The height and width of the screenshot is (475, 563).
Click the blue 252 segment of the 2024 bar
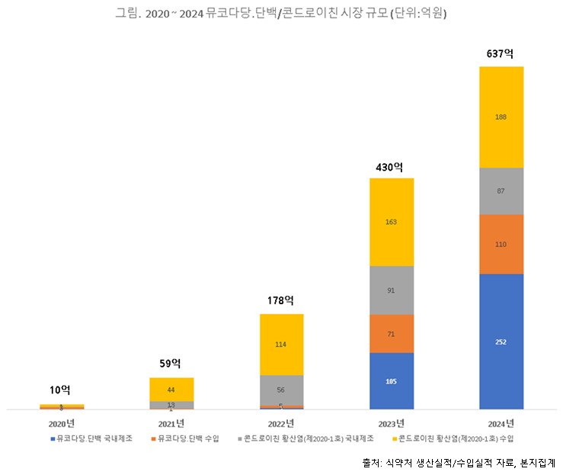click(501, 342)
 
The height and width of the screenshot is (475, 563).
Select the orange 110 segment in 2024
click(501, 244)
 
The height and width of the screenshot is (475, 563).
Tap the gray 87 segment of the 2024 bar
click(501, 191)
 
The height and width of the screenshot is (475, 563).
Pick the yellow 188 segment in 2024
click(501, 117)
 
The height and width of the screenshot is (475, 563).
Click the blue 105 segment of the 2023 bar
click(392, 380)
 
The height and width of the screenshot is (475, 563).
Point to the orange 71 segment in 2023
click(392, 334)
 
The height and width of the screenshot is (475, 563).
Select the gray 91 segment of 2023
click(392, 290)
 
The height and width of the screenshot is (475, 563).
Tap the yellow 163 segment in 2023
click(392, 222)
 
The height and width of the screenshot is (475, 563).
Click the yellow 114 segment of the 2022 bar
click(281, 344)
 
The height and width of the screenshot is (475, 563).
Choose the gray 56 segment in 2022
click(281, 390)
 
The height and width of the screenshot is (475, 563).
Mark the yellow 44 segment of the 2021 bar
click(171, 389)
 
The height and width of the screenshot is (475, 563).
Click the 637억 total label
click(501, 54)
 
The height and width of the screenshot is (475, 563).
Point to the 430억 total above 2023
click(391, 166)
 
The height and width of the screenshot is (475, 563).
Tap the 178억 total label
click(281, 301)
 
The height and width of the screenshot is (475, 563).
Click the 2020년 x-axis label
click(62, 423)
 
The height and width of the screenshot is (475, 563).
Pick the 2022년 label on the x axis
click(281, 423)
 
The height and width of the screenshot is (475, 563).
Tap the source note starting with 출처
click(459, 462)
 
